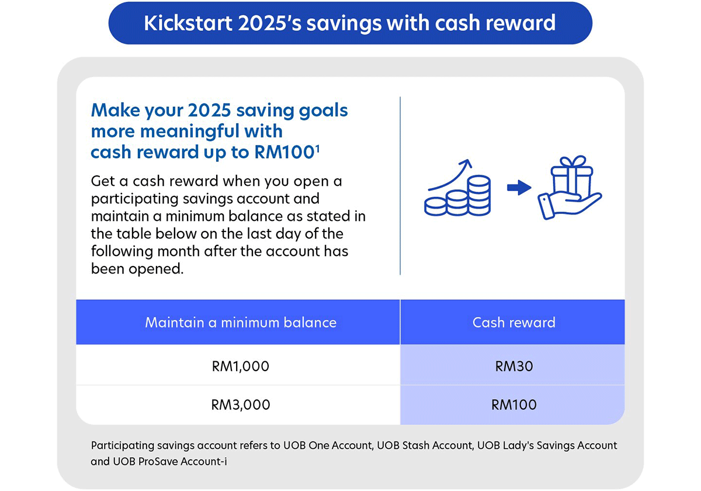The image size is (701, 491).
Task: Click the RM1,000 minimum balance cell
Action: (240, 366)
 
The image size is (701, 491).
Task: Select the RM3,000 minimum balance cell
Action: (240, 404)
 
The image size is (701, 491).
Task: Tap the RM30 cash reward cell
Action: (513, 366)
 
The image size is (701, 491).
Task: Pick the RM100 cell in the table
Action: (513, 404)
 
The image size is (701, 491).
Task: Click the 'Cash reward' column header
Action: (513, 322)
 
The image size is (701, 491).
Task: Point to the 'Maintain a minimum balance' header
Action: (240, 322)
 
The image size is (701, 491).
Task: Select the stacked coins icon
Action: (459, 196)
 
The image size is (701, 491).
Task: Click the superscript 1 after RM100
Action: (317, 148)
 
